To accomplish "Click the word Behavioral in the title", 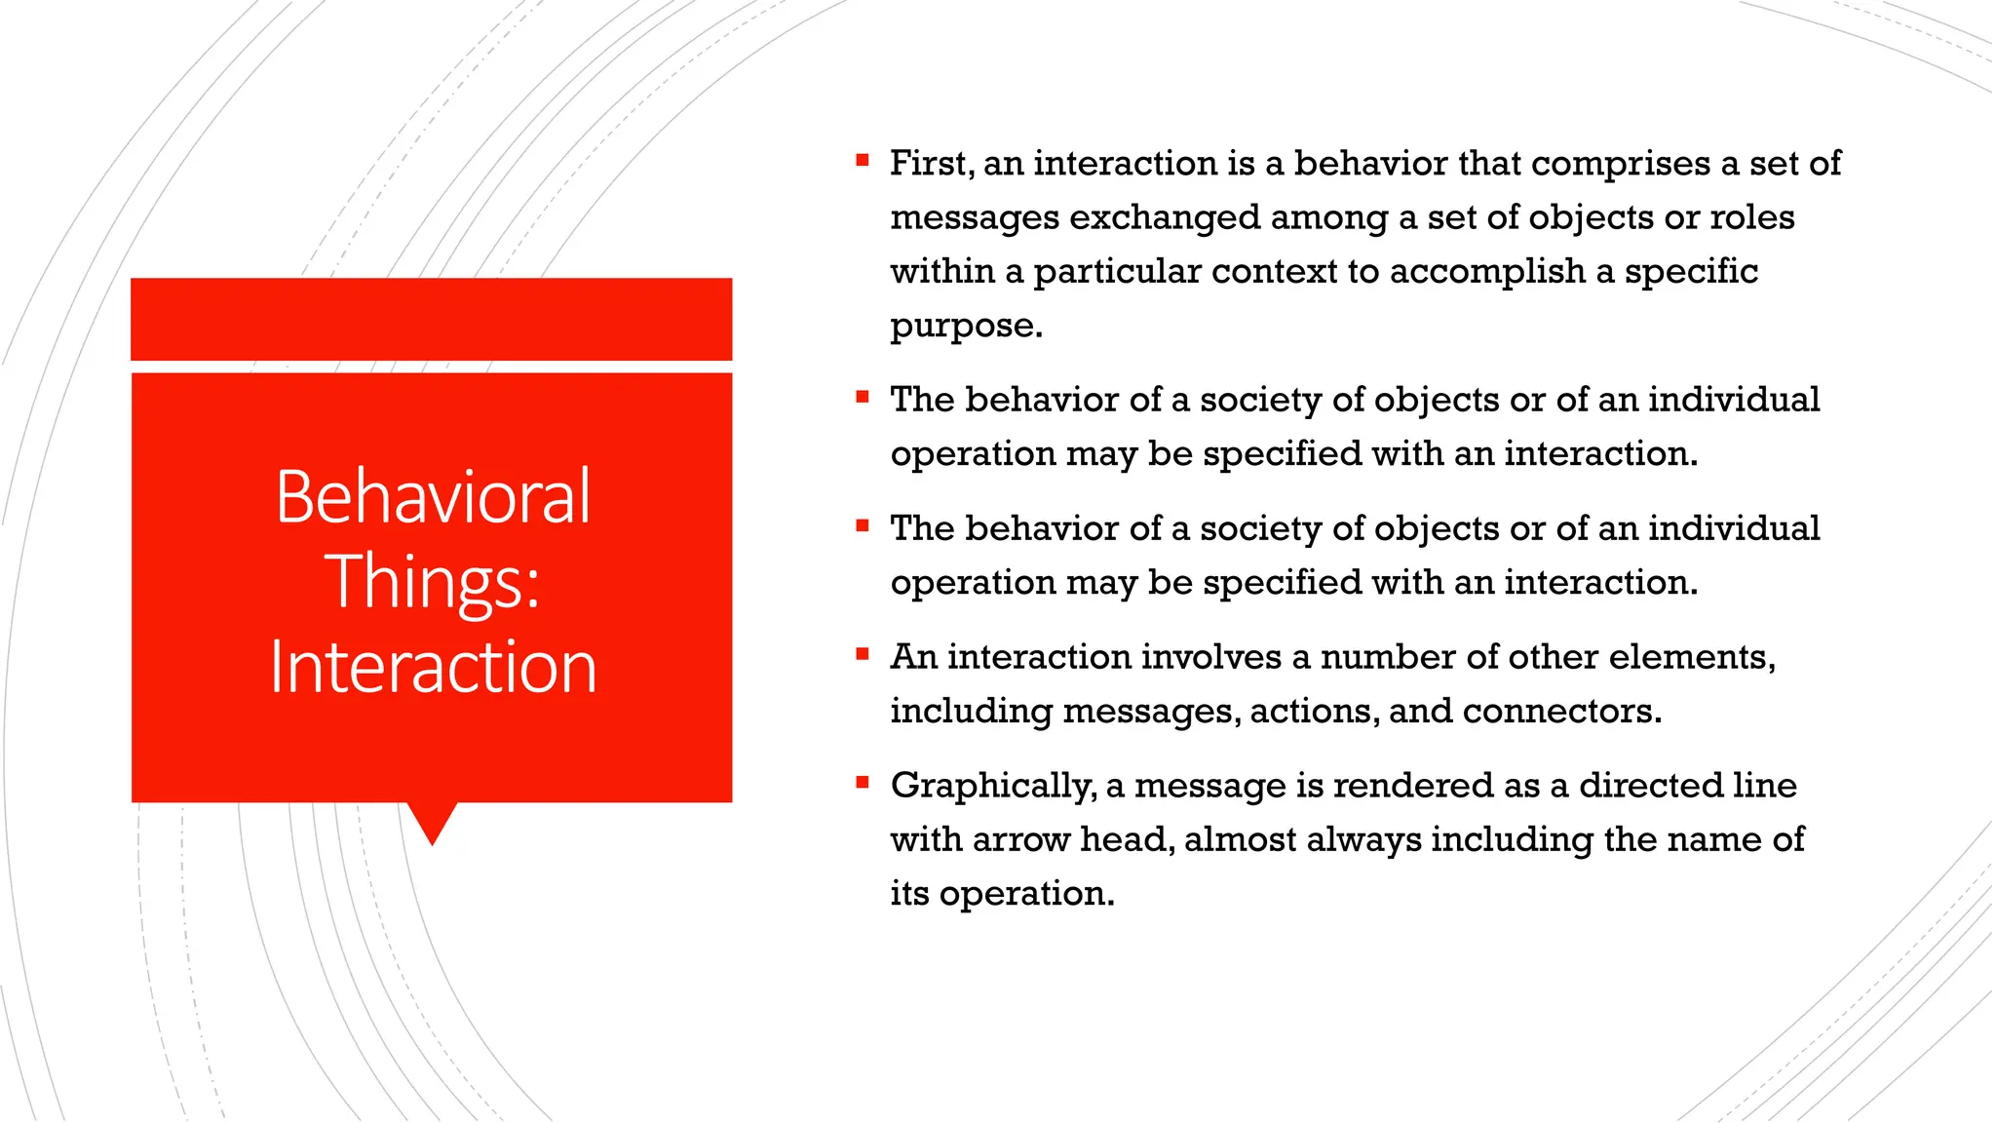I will point(433,497).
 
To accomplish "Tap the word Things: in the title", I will point(433,582).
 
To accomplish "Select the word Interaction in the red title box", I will point(433,668).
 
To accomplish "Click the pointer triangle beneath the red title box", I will point(432,821).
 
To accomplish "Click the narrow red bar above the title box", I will point(431,319).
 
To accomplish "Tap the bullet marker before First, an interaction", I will point(862,160).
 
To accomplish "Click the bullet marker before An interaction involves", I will point(862,654).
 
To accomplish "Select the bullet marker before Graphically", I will point(862,782).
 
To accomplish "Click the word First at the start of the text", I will point(931,163).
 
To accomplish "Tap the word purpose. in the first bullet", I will point(966,327).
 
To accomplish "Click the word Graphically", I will point(993,787).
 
